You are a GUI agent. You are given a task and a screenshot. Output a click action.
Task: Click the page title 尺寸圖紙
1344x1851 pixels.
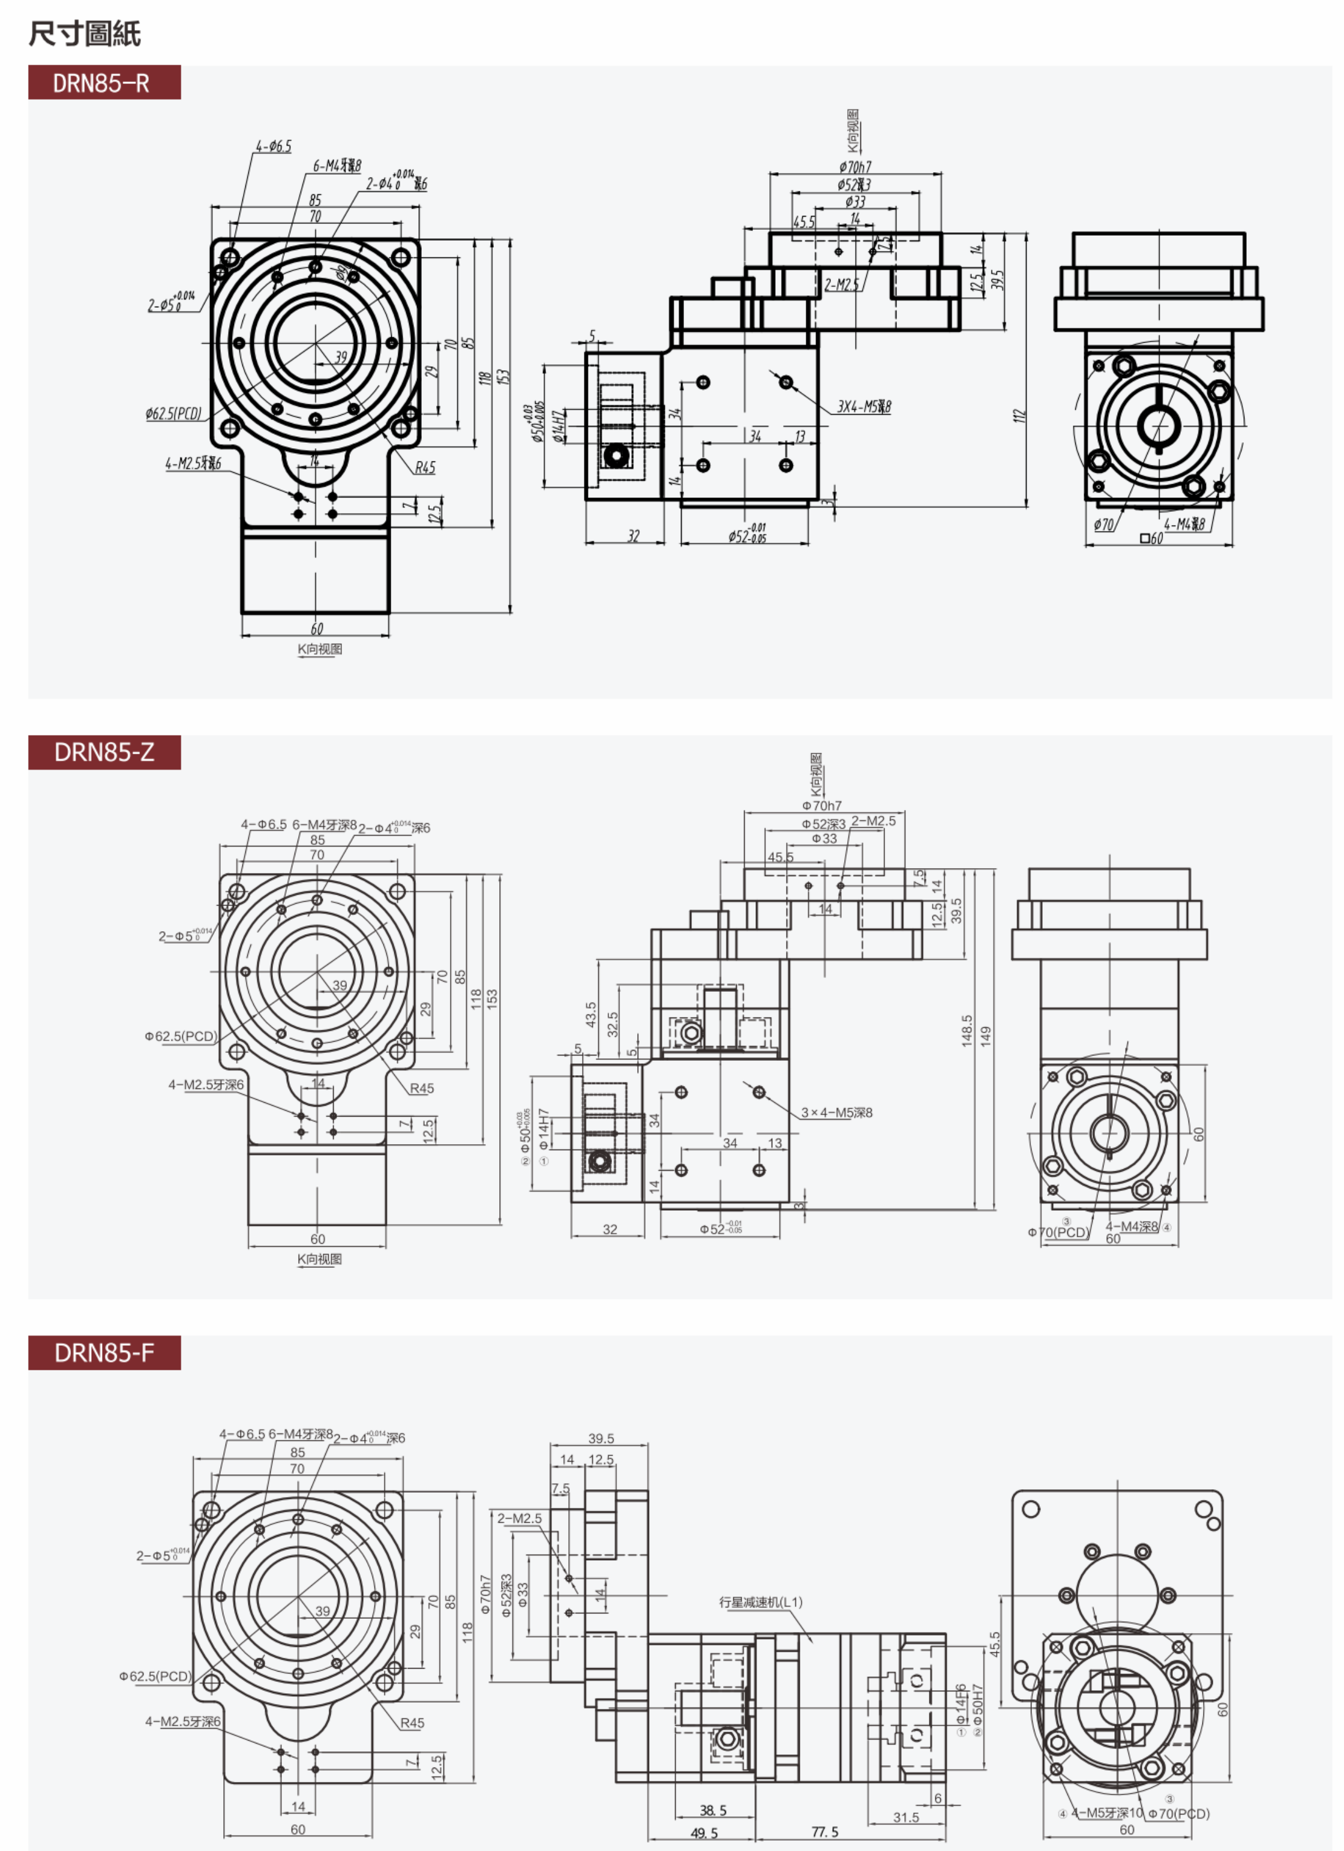(85, 34)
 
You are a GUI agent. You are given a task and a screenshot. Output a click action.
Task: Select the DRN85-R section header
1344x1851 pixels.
(104, 82)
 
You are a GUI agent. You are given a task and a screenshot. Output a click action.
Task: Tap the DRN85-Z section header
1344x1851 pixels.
(104, 752)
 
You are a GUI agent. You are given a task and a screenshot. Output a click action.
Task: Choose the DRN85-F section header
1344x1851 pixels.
(104, 1352)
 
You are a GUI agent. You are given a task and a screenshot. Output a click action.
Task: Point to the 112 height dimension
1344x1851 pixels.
(1018, 415)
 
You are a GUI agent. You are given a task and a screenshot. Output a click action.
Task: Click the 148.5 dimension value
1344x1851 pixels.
(967, 1031)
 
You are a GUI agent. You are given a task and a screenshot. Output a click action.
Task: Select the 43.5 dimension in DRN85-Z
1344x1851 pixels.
(591, 1015)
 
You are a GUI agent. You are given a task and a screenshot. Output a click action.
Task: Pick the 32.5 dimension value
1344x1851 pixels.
(612, 1024)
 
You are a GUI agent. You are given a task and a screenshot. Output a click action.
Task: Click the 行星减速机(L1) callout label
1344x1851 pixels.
(761, 1602)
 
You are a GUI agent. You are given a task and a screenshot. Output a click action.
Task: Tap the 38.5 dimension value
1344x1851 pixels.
(712, 1810)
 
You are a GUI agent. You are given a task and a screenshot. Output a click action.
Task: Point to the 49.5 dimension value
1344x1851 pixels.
(703, 1833)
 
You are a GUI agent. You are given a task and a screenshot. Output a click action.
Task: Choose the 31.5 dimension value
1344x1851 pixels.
(906, 1817)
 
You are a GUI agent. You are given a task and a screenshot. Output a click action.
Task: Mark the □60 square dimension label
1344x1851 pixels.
(1151, 539)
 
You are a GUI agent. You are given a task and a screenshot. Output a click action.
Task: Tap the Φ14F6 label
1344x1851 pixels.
(961, 1705)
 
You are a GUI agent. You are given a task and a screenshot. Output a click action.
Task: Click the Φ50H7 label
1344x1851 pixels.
(977, 1705)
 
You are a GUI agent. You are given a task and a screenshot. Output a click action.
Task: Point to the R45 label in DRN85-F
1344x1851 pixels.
(412, 1723)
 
